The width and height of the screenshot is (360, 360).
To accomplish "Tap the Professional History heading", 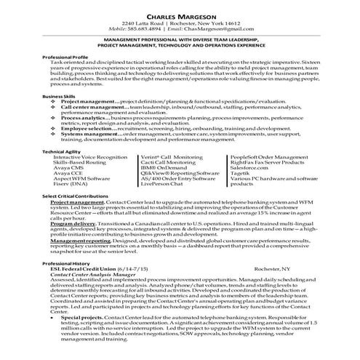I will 71,263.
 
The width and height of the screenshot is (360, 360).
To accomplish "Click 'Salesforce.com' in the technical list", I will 252,169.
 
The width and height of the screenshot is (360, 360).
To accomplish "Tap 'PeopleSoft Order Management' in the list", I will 272,157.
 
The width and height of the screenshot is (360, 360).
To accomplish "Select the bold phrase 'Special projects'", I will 91,318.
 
